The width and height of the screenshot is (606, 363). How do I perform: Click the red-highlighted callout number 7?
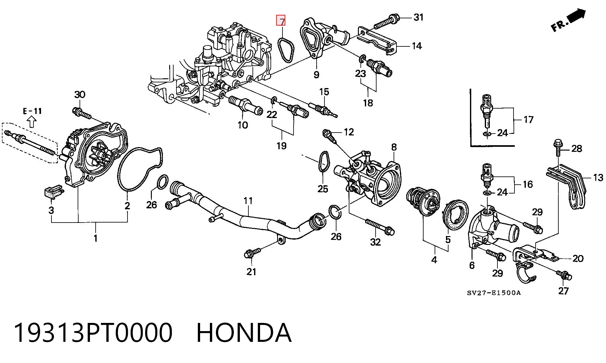coord(281,21)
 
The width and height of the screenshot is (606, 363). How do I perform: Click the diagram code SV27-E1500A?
coord(494,293)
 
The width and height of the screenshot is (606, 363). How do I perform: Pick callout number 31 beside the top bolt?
coord(419,17)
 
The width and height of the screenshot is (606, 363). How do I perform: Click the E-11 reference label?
coord(32,111)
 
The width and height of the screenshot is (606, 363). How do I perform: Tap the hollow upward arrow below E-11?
coord(32,122)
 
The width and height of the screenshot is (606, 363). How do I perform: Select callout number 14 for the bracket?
coord(417,46)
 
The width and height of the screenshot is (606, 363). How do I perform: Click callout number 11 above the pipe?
coord(248,201)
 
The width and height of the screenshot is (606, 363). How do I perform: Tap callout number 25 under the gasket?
coord(323,189)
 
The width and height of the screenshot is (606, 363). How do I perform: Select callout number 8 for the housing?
coord(394,147)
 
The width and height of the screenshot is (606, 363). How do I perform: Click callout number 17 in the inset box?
coord(528,120)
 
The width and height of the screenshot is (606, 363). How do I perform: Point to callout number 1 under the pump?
coord(96,238)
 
